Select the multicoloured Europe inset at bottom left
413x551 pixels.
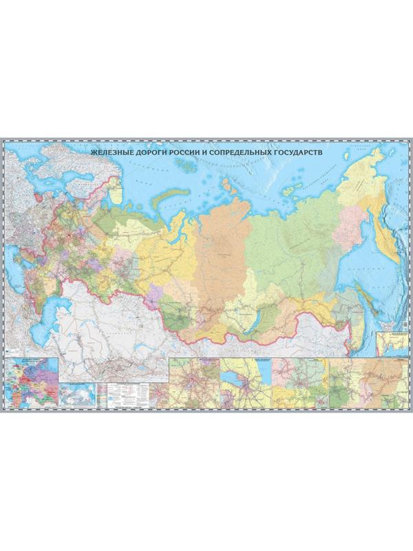[x=31, y=379]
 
